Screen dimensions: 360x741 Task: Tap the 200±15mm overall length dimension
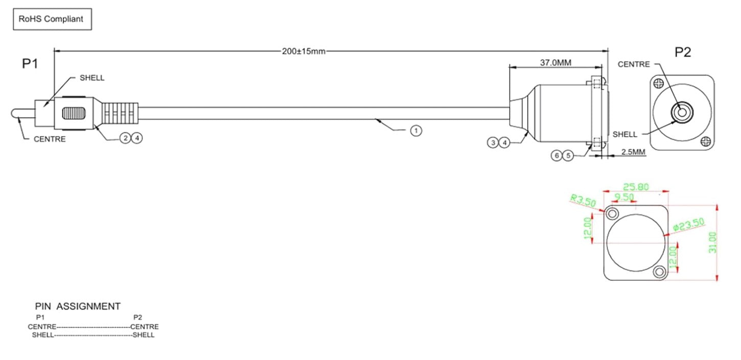[x=304, y=51]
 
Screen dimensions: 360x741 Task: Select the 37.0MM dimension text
[x=555, y=63]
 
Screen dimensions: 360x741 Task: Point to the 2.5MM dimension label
[x=632, y=152]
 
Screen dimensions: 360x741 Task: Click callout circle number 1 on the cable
[x=416, y=131]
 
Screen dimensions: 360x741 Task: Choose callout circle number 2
[x=125, y=138]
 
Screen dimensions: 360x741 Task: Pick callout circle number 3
[x=493, y=143]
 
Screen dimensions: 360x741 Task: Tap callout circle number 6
[x=557, y=155]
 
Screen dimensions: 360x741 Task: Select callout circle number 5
[x=568, y=155]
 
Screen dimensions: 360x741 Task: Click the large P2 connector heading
[x=683, y=52]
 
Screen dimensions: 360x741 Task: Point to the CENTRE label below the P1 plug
[x=50, y=139]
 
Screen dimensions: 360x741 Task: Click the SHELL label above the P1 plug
[x=92, y=78]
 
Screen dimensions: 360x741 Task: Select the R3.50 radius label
[x=584, y=200]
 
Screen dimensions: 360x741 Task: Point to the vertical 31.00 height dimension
[x=713, y=242]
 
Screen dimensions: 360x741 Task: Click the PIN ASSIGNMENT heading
[x=78, y=306]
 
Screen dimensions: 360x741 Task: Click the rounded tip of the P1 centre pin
[x=14, y=114]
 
